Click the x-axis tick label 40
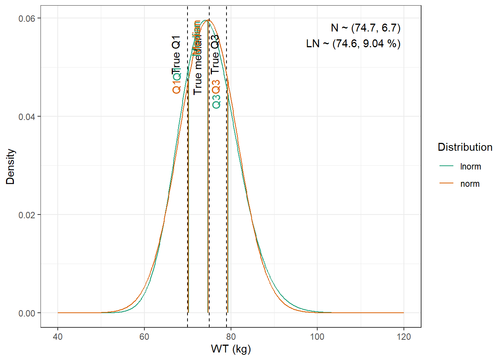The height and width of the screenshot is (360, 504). point(58,337)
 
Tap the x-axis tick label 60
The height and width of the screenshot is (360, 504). point(144,337)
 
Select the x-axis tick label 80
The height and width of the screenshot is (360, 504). point(231,337)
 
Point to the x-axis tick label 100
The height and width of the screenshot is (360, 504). point(317,337)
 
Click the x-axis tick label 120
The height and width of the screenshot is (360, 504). point(403,337)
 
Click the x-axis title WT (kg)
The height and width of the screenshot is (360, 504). point(231,349)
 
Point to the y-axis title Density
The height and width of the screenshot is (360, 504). point(10,166)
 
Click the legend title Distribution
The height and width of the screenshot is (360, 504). point(465,147)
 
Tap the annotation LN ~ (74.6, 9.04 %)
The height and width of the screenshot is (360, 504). point(353,44)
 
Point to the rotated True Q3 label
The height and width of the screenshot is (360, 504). point(215,54)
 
